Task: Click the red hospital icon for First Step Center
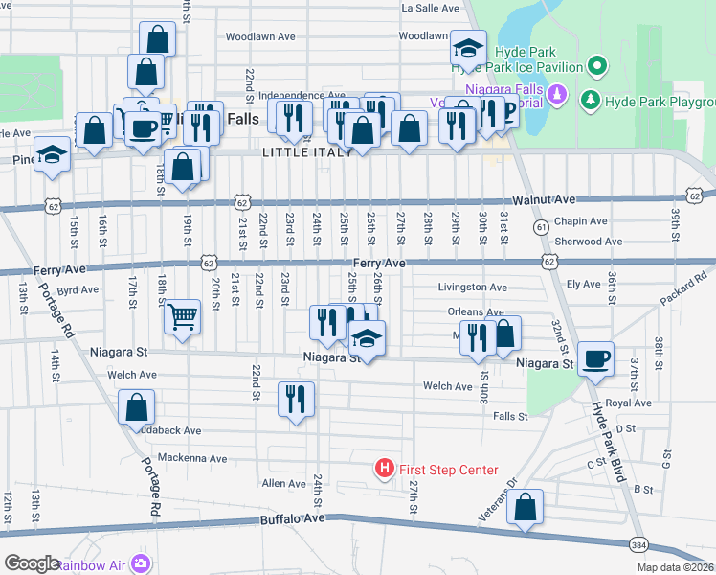(384, 469)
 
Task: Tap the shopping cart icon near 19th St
(182, 315)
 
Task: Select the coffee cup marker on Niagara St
(596, 356)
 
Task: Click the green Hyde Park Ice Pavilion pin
(598, 67)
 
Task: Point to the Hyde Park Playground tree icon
(591, 100)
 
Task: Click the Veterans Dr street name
(497, 501)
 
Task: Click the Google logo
(31, 563)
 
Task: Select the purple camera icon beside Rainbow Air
(142, 563)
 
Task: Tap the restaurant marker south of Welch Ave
(296, 398)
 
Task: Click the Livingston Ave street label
(472, 287)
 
